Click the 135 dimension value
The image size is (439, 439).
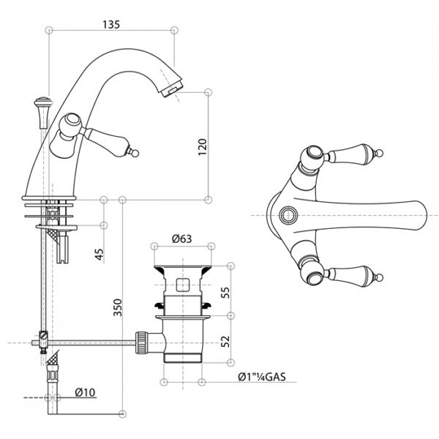point(111,24)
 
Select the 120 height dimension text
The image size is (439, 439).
point(203,147)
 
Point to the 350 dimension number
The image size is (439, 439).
point(118,307)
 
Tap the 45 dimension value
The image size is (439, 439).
point(100,254)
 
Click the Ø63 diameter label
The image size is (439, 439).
point(182,239)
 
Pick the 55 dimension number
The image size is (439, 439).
point(225,293)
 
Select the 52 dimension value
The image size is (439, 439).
point(225,341)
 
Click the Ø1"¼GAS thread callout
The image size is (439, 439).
point(262,377)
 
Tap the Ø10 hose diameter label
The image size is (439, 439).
point(85,392)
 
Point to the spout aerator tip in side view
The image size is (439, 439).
point(173,89)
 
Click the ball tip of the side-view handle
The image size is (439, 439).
point(135,153)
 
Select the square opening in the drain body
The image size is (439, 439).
point(183,285)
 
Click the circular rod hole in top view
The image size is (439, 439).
point(287,215)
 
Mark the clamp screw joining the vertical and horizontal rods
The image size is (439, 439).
point(43,335)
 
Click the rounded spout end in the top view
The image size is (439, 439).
point(421,216)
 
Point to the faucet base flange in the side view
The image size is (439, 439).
point(49,198)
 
